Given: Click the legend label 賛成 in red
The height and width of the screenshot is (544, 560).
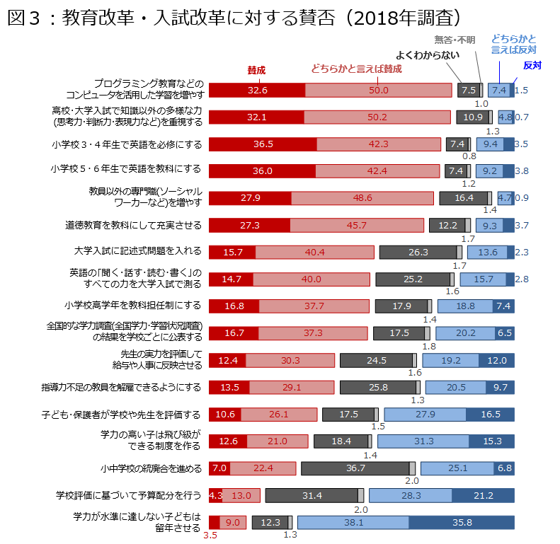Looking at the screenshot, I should [256, 70].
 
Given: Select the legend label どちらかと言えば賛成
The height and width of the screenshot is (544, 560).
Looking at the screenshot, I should [356, 69].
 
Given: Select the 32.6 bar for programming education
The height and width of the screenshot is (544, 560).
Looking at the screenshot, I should [257, 90].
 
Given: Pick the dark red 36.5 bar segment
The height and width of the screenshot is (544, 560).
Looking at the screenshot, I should [263, 144].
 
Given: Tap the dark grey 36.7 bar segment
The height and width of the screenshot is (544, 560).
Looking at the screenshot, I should [355, 468].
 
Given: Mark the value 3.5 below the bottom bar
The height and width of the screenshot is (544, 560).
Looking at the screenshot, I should [210, 536].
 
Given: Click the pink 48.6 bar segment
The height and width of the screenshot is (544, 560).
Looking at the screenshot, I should [362, 198].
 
